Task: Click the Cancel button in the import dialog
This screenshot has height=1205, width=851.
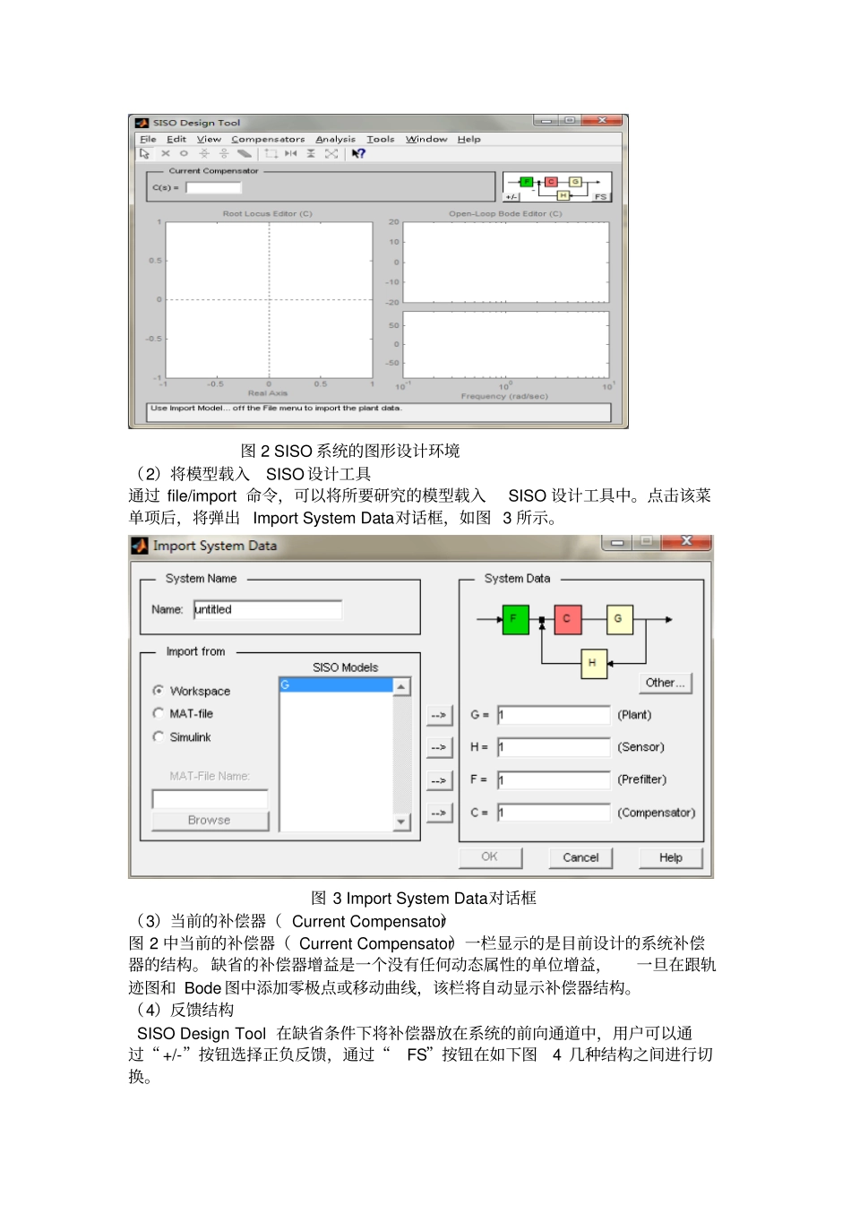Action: (x=580, y=857)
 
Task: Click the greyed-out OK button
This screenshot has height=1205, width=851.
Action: (x=489, y=856)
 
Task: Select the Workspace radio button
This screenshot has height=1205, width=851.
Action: (x=159, y=691)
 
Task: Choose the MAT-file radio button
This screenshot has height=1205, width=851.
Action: (x=159, y=713)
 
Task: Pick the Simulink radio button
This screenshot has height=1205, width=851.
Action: (x=159, y=736)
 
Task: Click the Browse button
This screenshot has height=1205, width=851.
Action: (x=210, y=820)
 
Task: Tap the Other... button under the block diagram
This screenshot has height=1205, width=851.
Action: (x=665, y=683)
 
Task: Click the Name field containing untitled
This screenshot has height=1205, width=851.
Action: (x=267, y=609)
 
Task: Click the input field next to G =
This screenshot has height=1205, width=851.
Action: (x=554, y=715)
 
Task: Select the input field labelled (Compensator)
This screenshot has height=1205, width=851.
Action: (x=554, y=813)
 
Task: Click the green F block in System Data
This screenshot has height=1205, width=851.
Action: (x=515, y=619)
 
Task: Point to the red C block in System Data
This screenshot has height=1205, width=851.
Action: (x=567, y=619)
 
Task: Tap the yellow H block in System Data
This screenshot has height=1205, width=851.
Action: (x=593, y=663)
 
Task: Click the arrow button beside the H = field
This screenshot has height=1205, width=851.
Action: (x=438, y=747)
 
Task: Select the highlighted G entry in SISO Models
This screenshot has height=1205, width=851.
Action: (x=336, y=685)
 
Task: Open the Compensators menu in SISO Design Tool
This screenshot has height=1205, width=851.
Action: (x=268, y=139)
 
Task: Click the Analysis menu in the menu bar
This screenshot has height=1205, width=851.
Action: (x=335, y=139)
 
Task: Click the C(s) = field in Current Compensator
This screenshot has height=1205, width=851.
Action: (x=213, y=187)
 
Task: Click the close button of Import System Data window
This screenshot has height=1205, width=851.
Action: (x=686, y=541)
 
